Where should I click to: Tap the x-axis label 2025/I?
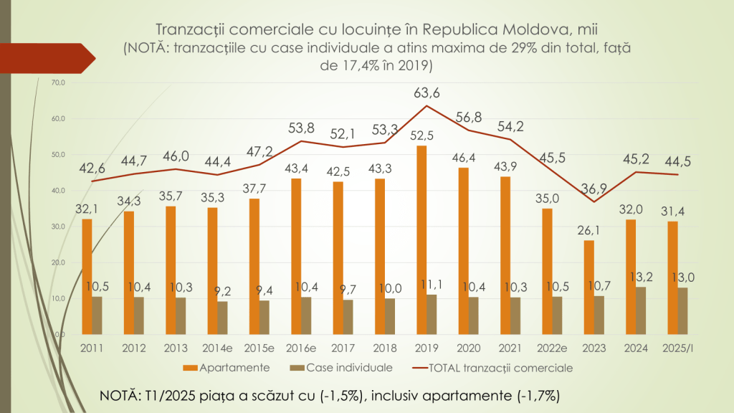pos(677,348)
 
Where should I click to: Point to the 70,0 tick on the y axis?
pos(58,83)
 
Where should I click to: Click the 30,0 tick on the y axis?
pos(58,227)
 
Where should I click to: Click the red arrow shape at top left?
pos(65,58)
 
